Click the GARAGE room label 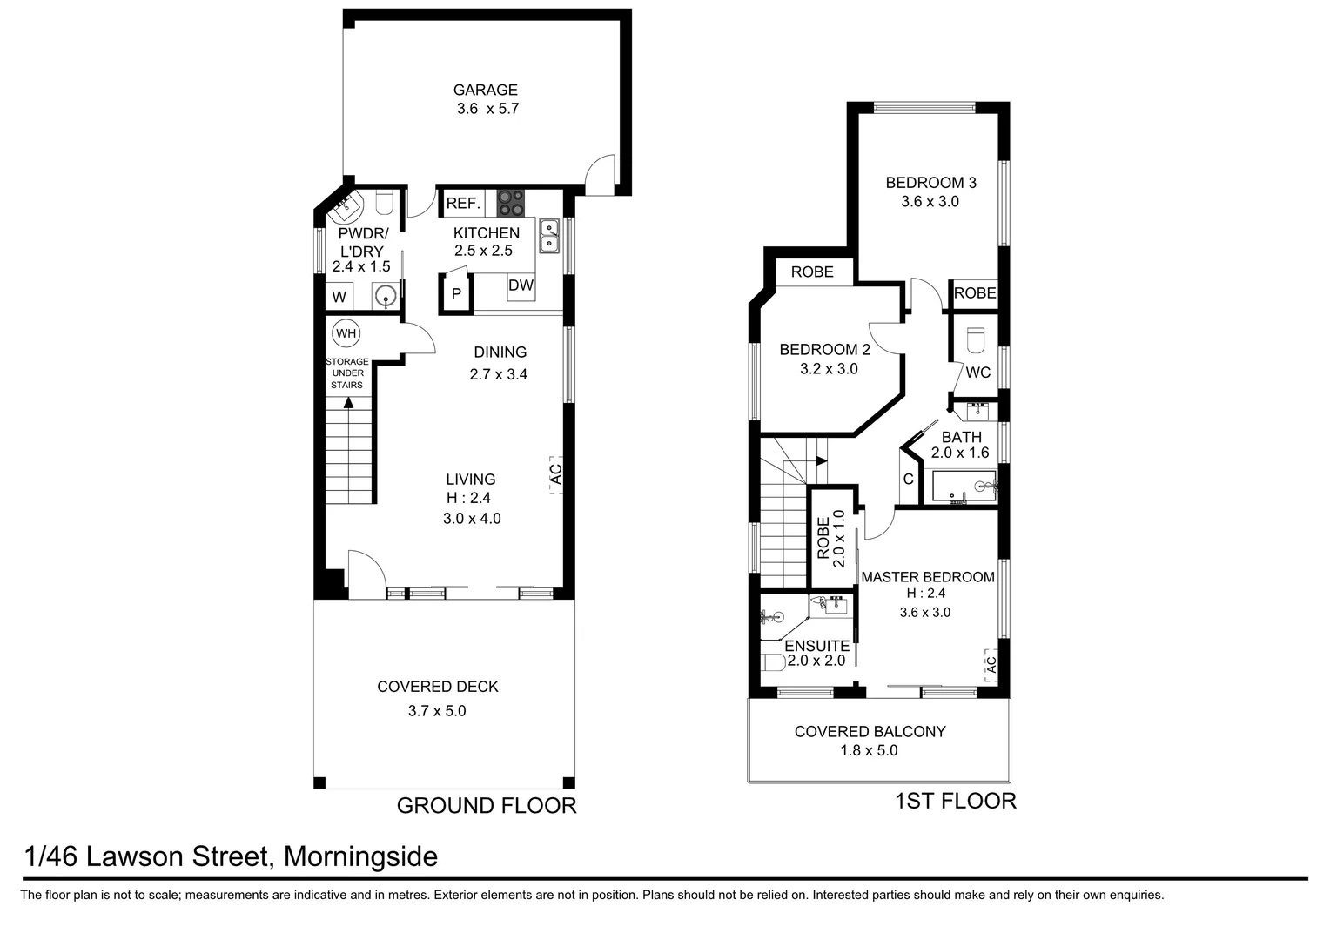point(485,90)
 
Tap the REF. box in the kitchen point(462,204)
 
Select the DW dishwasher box point(521,285)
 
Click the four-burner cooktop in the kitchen point(510,204)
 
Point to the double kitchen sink point(549,236)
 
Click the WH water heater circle point(346,333)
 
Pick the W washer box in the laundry point(339,297)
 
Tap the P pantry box point(456,294)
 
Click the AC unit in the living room point(555,474)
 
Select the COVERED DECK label point(437,687)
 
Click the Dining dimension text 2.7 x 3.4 point(499,374)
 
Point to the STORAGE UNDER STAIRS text point(346,373)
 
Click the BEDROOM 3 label point(930,183)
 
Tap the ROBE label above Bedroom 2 point(811,272)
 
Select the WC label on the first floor point(977,373)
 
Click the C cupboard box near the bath point(908,480)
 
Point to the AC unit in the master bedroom point(990,664)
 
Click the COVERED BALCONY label point(870,732)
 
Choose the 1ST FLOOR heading point(955,801)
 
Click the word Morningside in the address point(360,857)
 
